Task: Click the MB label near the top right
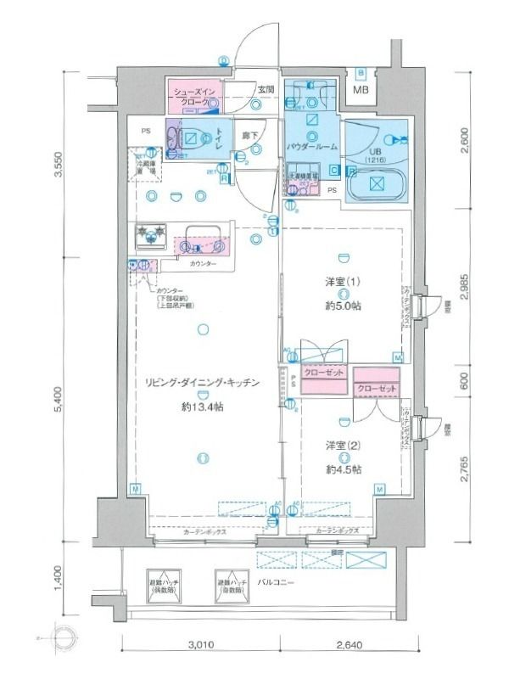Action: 361,90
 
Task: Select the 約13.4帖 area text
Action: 203,407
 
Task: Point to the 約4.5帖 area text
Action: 343,469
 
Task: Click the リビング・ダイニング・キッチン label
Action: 203,384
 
